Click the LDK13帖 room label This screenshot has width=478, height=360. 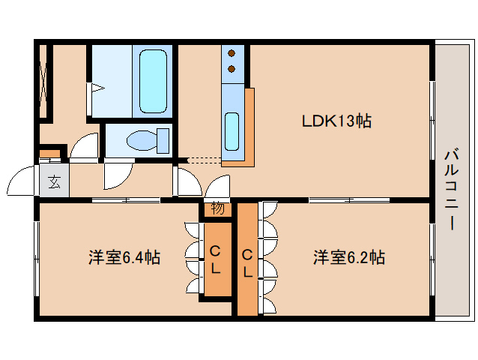(x=337, y=121)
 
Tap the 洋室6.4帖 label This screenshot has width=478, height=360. (x=124, y=258)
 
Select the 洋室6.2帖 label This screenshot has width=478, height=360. (x=348, y=258)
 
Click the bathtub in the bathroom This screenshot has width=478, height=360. (x=154, y=80)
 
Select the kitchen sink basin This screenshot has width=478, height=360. (x=232, y=131)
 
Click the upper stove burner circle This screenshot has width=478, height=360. (x=232, y=54)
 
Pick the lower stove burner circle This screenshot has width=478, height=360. (x=232, y=69)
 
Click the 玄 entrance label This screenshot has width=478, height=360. (x=55, y=181)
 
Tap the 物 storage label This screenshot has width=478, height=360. (x=217, y=208)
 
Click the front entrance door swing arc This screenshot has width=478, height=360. (x=21, y=184)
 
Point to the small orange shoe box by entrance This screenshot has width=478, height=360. (x=49, y=154)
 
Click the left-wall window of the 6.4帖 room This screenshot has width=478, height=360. (x=36, y=258)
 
